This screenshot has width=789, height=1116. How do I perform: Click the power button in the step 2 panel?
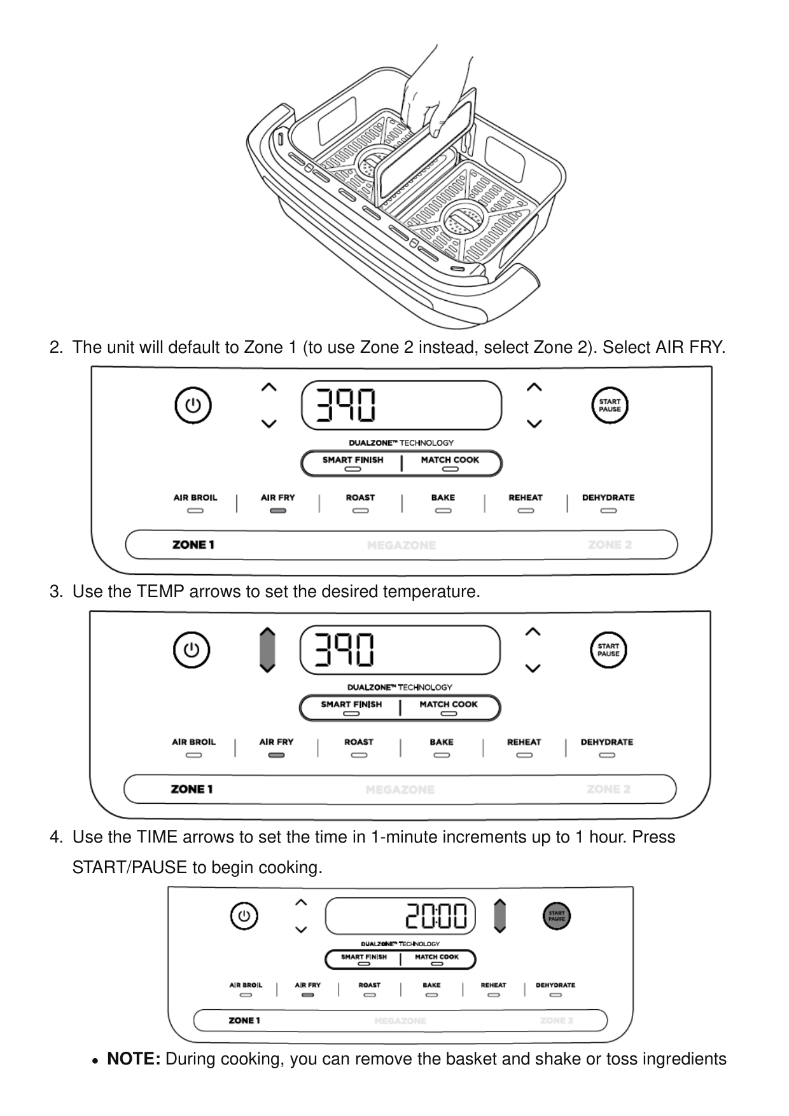(x=193, y=405)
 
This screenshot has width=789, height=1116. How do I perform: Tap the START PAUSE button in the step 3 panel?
(x=608, y=650)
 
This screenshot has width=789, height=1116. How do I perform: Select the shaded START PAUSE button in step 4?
(x=557, y=916)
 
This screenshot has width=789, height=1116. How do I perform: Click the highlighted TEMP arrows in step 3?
(x=267, y=650)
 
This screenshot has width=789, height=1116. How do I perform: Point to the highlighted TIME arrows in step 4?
(x=500, y=916)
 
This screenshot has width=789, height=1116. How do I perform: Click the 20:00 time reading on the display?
(x=437, y=916)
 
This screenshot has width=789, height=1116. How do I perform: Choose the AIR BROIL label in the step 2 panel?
(x=195, y=497)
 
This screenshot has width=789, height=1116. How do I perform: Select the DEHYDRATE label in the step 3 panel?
(x=606, y=742)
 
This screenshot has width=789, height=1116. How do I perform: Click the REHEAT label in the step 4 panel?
(x=493, y=985)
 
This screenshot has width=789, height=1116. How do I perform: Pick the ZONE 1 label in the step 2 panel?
(x=193, y=545)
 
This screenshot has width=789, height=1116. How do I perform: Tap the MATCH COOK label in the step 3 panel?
(x=449, y=704)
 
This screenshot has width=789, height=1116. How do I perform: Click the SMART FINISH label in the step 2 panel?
(x=353, y=460)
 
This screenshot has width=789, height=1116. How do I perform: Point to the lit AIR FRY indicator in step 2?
(x=278, y=510)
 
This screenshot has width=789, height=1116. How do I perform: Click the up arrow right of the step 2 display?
(x=534, y=387)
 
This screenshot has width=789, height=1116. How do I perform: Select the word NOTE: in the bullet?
(x=134, y=1059)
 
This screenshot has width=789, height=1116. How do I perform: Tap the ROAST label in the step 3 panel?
(x=359, y=742)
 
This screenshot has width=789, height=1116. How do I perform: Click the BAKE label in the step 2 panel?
(x=443, y=497)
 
